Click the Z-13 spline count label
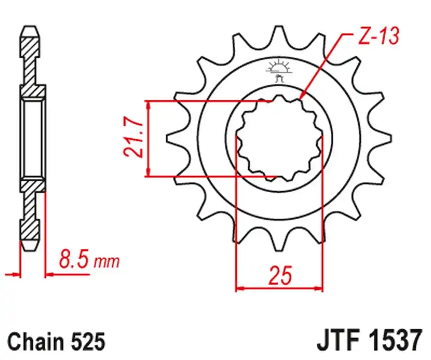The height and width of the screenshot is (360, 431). pos(379,36)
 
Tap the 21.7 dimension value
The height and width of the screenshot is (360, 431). pos(134,138)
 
